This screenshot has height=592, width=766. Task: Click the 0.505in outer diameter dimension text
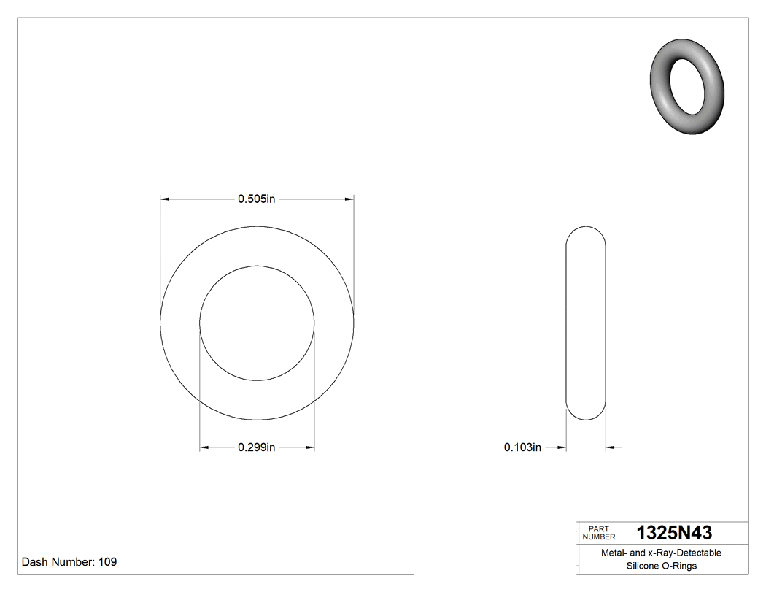[x=256, y=199]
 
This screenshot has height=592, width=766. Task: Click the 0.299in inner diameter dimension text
[x=256, y=447]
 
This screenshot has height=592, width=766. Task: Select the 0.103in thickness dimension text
[x=522, y=447]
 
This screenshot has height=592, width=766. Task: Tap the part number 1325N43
[x=674, y=533]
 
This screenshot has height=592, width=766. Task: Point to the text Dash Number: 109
[x=69, y=562]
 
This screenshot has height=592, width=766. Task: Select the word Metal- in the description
[x=614, y=553]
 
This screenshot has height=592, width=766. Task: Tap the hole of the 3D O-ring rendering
[x=687, y=85]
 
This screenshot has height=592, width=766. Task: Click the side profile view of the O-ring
[x=586, y=323]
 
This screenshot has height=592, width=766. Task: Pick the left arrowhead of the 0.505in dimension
[x=165, y=199]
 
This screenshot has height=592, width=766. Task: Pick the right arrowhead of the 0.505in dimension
[x=349, y=199]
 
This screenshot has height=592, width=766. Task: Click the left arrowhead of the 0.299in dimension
[x=205, y=447]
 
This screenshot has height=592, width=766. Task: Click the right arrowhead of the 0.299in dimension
[x=309, y=447]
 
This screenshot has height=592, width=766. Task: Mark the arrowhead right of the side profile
[x=611, y=447]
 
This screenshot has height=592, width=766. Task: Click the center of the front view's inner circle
[x=257, y=323]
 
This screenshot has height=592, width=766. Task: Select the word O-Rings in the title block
[x=680, y=566]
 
